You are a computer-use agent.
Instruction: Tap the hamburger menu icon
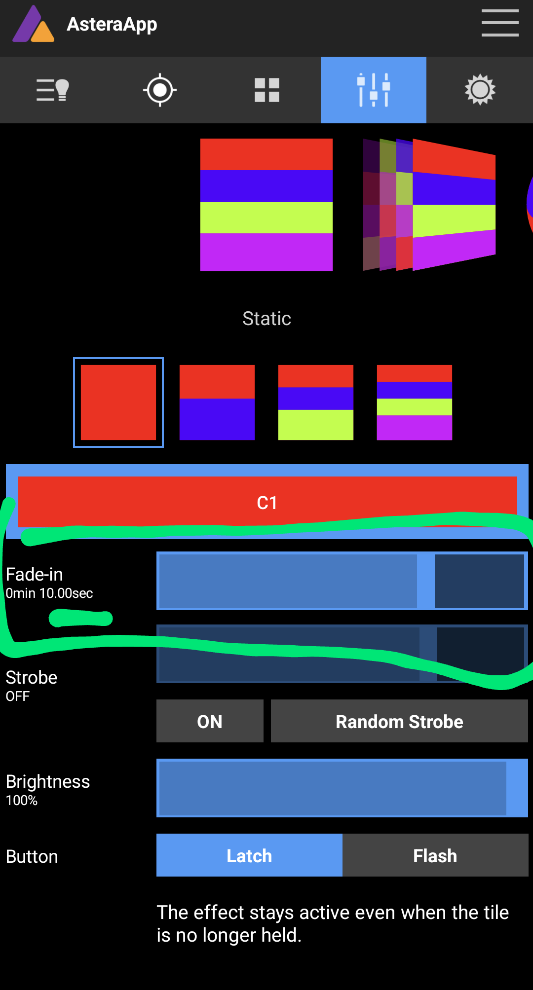[x=499, y=23]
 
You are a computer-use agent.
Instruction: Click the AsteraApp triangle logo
[x=33, y=25]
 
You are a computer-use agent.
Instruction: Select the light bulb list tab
[x=53, y=90]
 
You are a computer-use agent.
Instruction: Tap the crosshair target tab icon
[x=160, y=90]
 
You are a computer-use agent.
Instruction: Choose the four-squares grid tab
[x=267, y=90]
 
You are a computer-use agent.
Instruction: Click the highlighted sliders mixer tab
[x=374, y=90]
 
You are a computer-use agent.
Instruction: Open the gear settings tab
[x=480, y=90]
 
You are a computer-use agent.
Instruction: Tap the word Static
[x=266, y=319]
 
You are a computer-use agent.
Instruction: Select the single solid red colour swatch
[x=118, y=403]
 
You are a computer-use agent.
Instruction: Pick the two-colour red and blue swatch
[x=217, y=403]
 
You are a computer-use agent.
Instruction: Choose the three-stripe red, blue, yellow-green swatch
[x=316, y=403]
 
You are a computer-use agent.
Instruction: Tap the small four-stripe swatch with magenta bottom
[x=415, y=403]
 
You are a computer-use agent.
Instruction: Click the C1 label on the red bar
[x=267, y=503]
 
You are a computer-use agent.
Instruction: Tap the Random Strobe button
[x=399, y=721]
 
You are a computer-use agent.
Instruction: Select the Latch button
[x=249, y=855]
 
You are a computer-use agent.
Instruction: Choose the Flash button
[x=435, y=855]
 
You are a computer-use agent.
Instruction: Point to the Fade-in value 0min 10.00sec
[x=49, y=593]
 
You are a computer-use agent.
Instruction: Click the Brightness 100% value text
[x=22, y=801]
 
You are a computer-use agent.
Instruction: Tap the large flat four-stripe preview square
[x=266, y=205]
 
